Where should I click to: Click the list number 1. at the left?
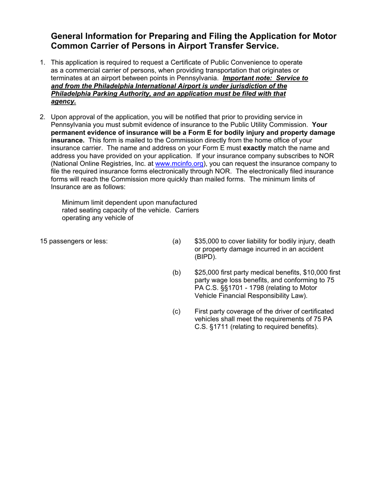point(42,62)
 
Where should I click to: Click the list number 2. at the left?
point(42,117)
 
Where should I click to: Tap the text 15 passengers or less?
point(74,241)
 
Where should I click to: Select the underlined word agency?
point(63,101)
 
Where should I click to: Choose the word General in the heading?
point(68,36)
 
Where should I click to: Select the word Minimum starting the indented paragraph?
point(75,202)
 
